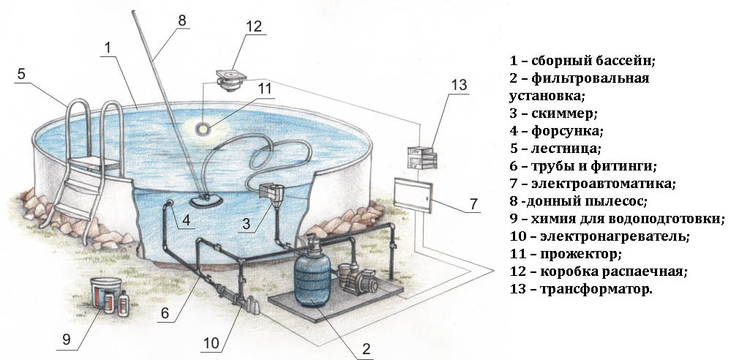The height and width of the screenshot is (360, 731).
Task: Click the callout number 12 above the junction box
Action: (254, 26)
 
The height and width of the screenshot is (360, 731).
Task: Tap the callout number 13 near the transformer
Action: (459, 86)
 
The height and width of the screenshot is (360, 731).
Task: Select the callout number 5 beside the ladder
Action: (21, 74)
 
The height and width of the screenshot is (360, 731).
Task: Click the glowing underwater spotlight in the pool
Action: (203, 128)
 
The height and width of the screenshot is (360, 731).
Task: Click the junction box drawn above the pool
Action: (230, 80)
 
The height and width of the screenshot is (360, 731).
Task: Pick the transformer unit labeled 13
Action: (422, 158)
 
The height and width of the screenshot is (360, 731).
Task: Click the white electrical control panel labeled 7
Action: (413, 195)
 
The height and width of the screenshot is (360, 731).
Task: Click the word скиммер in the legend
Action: (564, 113)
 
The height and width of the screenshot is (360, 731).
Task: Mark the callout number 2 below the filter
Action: (366, 349)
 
